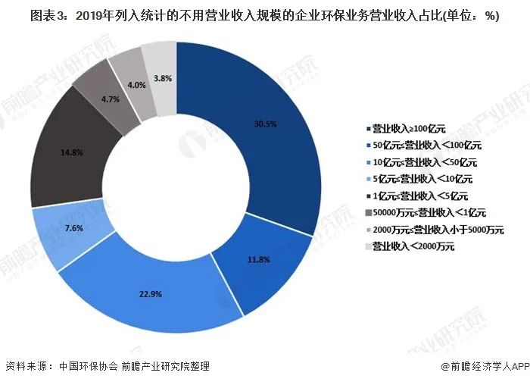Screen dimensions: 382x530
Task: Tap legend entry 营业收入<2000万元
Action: coord(412,246)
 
